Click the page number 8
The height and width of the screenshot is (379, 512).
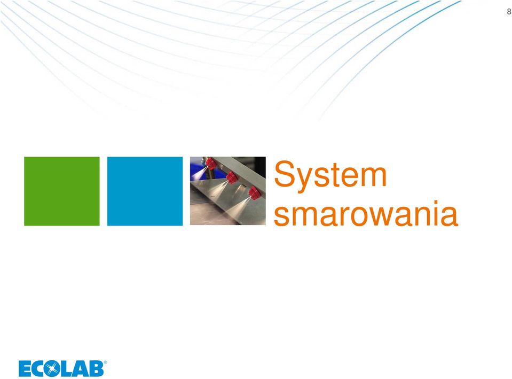coord(509,12)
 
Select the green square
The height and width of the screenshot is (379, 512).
coord(62,191)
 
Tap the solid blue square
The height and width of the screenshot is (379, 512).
coord(145,191)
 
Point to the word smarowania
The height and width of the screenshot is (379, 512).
coord(366,214)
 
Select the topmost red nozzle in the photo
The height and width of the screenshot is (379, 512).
coord(210,163)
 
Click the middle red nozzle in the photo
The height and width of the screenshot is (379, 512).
coord(232,177)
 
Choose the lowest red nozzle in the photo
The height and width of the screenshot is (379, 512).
coord(254,192)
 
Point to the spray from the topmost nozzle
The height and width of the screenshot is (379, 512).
coord(199,173)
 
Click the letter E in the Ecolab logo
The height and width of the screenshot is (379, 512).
coord(25,368)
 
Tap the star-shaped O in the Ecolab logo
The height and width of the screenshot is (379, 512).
coord(52,368)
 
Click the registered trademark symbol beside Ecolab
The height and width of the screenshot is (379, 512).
coord(105,362)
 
